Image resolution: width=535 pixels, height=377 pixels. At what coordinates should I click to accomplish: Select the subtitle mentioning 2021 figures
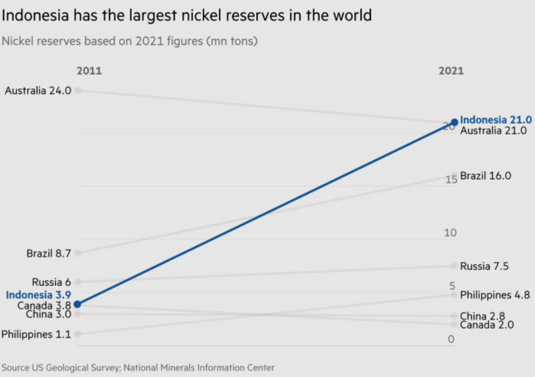point(130,41)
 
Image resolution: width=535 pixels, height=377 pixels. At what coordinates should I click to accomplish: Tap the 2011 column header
point(89,71)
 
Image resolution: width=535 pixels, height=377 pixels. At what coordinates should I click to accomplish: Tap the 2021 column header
point(450,71)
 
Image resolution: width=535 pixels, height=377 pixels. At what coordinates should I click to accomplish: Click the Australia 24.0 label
point(37,90)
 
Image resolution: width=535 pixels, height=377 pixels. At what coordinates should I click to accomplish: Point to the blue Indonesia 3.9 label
point(38,295)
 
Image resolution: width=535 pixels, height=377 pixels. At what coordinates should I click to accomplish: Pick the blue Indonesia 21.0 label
point(496,120)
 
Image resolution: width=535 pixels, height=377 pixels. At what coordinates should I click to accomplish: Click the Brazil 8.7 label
point(49,253)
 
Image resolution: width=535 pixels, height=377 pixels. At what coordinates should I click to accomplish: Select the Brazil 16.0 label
point(486,176)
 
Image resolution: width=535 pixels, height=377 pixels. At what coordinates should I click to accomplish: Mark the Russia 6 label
point(51,282)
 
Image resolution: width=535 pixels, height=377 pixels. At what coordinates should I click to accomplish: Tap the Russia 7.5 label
point(485,266)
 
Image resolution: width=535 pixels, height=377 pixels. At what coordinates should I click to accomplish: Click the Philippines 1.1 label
point(36,334)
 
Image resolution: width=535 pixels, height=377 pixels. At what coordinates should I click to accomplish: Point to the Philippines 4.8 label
point(495,294)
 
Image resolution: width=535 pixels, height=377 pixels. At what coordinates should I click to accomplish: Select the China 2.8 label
point(483,316)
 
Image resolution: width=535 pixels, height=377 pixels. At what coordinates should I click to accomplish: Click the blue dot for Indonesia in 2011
point(78,304)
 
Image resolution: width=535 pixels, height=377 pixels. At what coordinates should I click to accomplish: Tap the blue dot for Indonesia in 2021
point(455,122)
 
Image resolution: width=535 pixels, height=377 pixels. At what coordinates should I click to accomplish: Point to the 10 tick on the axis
point(449,233)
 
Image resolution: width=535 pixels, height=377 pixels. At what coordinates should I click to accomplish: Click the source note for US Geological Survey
point(138,368)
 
